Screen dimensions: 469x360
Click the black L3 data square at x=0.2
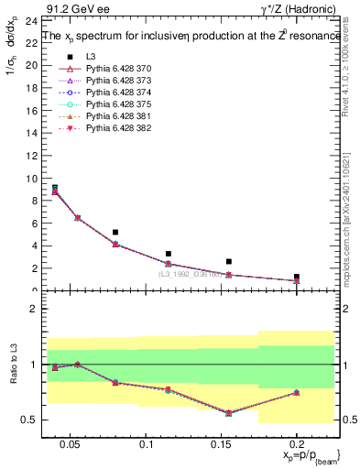click(297, 276)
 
